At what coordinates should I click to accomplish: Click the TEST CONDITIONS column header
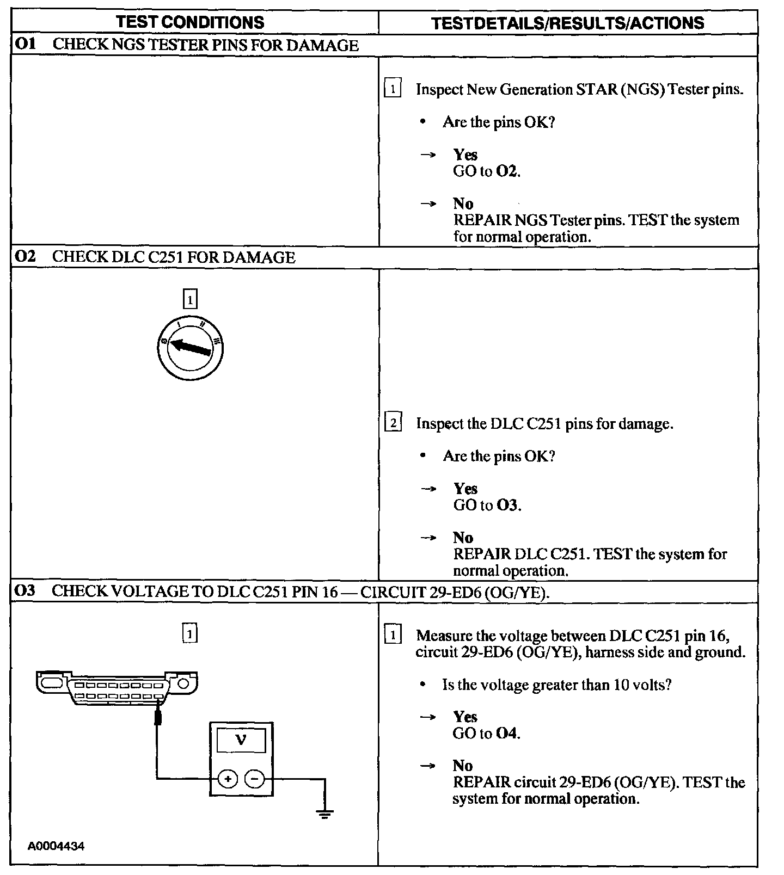pos(190,22)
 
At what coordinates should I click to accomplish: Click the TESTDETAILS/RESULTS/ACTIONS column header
pos(567,23)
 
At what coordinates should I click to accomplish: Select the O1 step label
pos(25,44)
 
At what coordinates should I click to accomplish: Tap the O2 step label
pos(25,256)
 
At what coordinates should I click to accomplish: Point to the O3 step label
pos(25,590)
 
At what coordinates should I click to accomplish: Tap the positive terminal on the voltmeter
pos(228,779)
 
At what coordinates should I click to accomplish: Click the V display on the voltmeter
pos(241,740)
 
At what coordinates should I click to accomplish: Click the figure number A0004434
pos(57,846)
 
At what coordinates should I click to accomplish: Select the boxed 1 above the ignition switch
pos(189,299)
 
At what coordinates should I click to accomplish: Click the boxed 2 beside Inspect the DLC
pos(393,423)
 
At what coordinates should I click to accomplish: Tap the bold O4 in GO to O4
pos(506,734)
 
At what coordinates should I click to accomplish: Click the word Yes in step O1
pos(465,155)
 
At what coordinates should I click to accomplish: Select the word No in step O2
pos(463,538)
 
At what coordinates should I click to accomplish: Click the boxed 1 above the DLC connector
pos(189,633)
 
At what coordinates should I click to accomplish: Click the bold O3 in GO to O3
pos(507,505)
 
